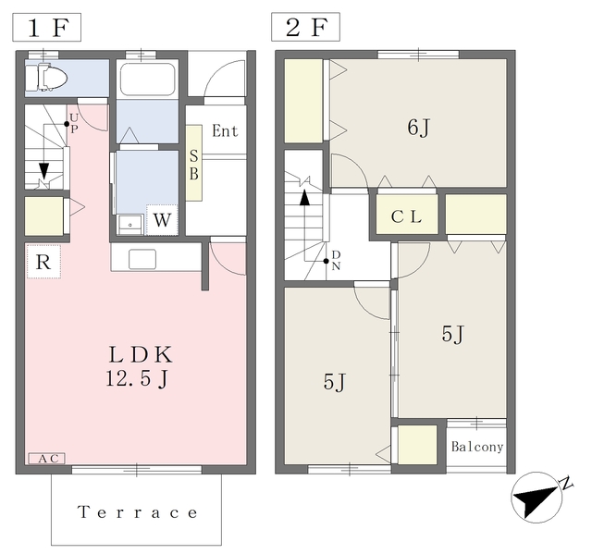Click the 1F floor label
coord(47,27)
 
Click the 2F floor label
coord(305,27)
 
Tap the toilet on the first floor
coord(46,78)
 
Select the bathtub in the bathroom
coord(147,79)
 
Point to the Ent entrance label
coord(225,131)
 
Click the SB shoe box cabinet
coord(193,163)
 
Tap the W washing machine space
coord(162,219)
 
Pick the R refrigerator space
coord(43,262)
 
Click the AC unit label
coord(47,459)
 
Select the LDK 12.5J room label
coord(139,366)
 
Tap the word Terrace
coord(138,512)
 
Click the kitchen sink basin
coord(142,259)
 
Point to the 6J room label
coord(419,128)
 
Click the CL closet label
coord(406,216)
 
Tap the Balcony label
coord(477,447)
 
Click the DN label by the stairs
coord(336,261)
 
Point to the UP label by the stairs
coord(74,123)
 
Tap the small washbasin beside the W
coord(130,225)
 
